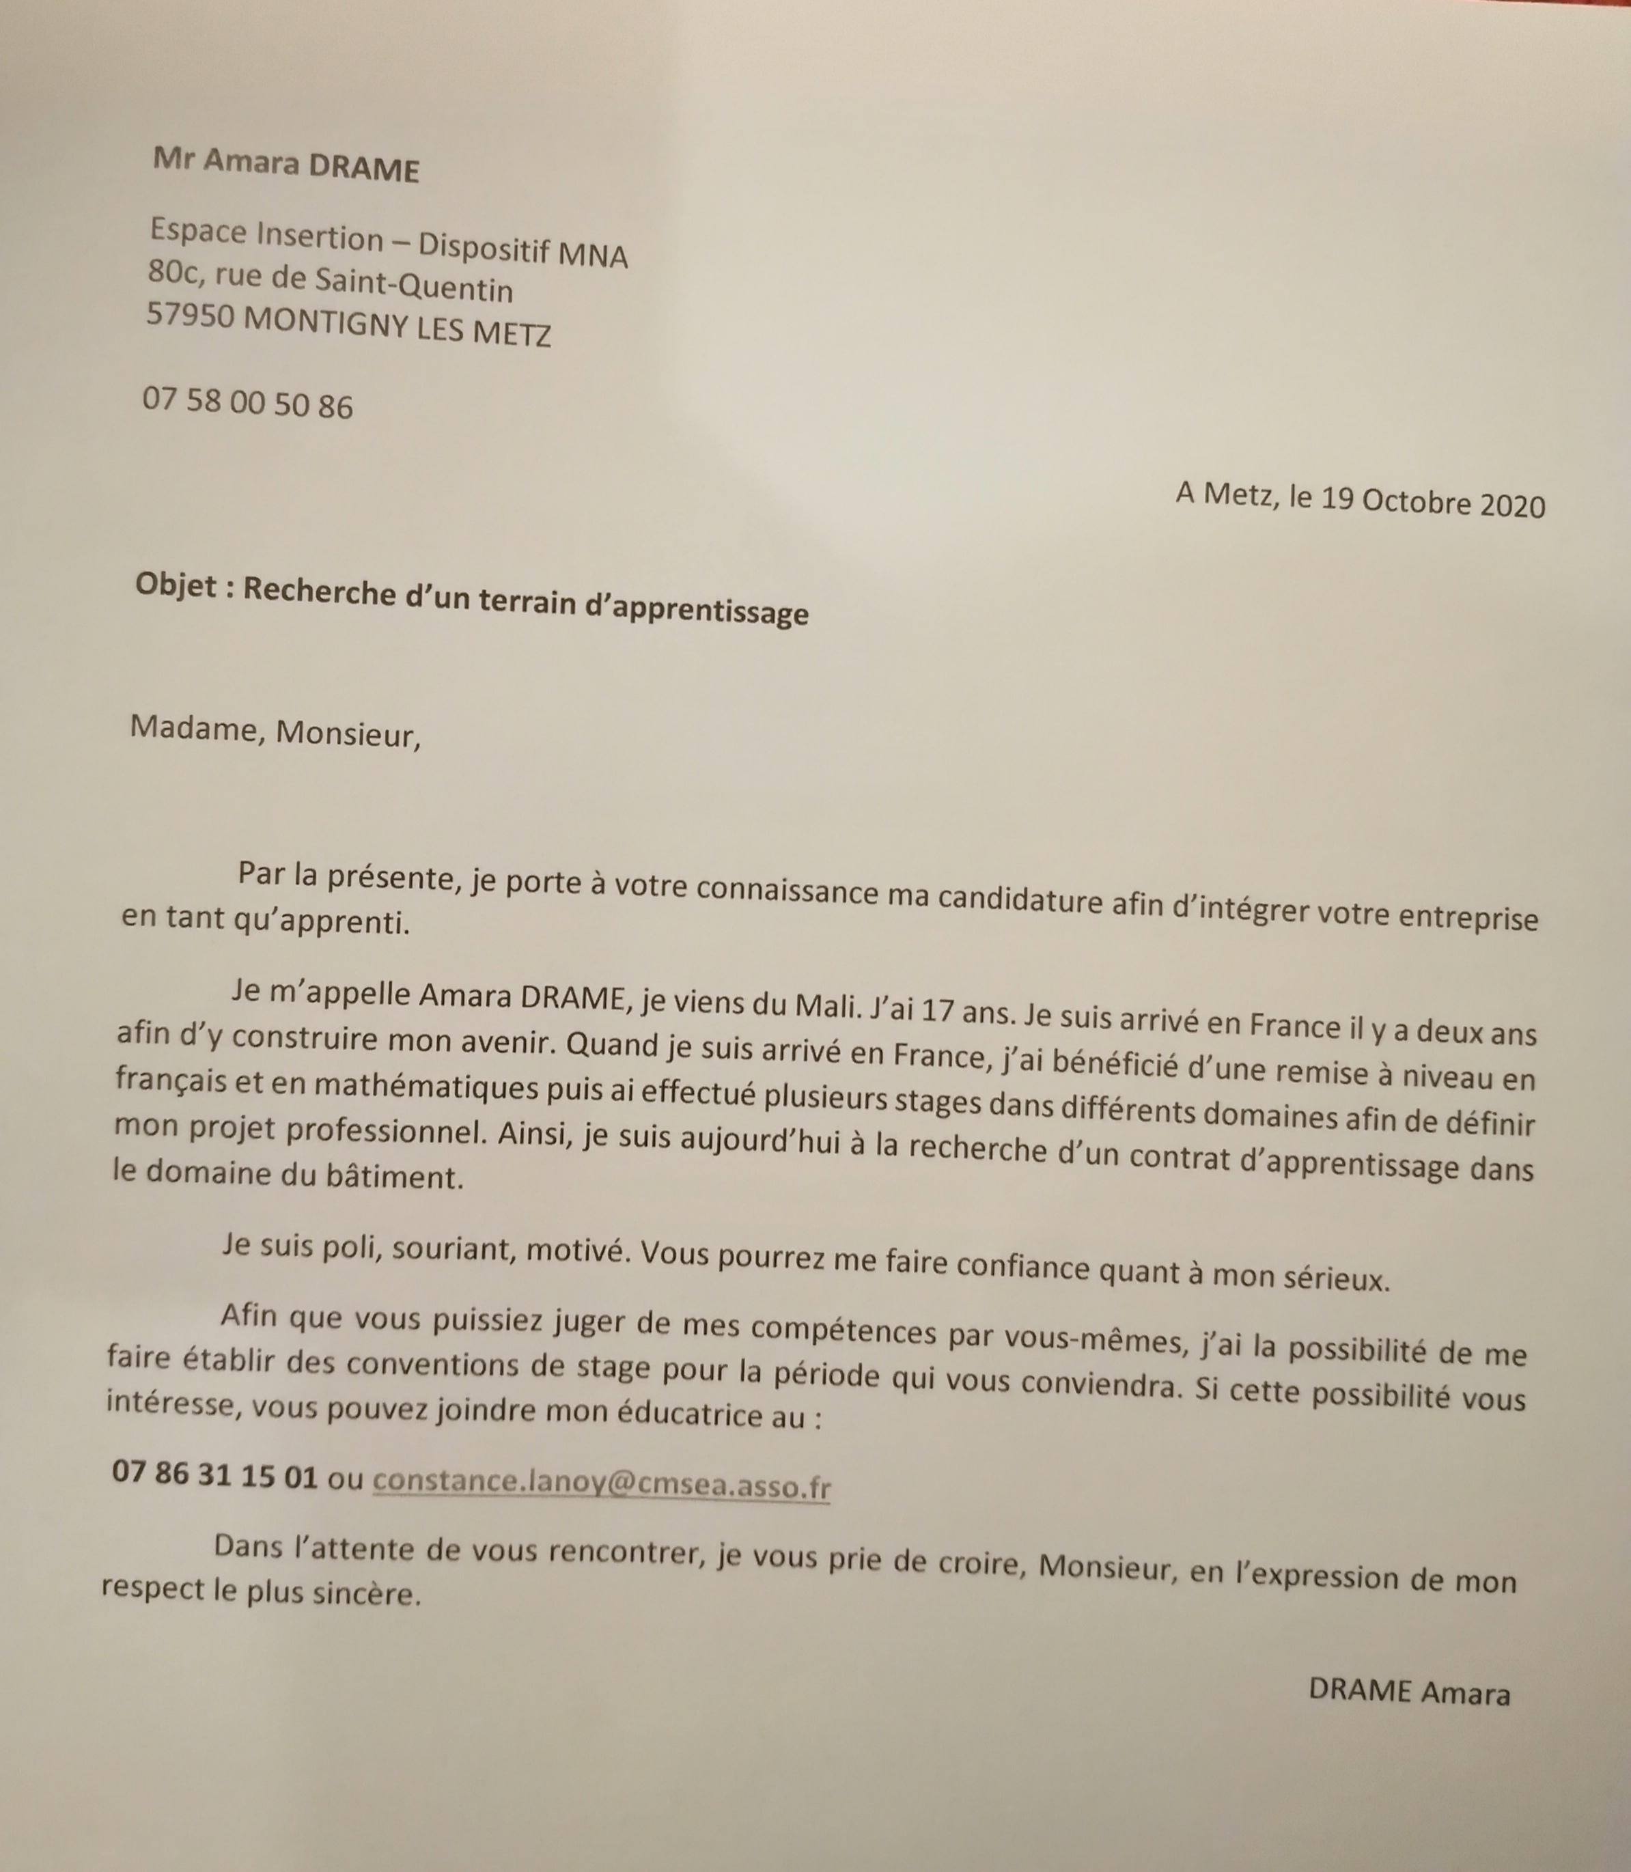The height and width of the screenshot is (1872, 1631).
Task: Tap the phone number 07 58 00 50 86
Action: (247, 403)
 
